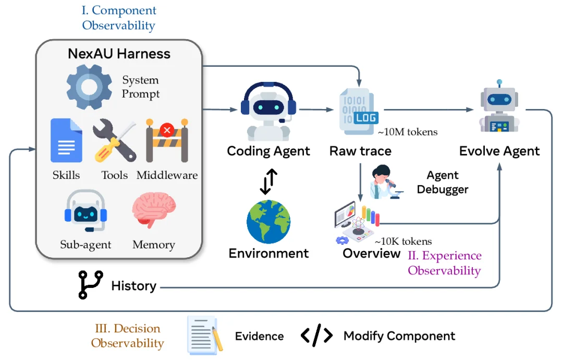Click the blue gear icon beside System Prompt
(89, 87)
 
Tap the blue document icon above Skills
(66, 140)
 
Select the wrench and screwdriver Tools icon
(115, 140)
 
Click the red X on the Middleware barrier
(167, 130)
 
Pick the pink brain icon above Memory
(154, 210)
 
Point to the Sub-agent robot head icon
(86, 211)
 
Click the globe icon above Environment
(268, 222)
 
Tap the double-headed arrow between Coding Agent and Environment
(268, 182)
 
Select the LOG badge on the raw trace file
(366, 118)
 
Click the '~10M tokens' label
(408, 132)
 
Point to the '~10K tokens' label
(403, 241)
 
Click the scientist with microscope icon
(386, 182)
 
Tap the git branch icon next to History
(91, 285)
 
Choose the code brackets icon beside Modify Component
(317, 335)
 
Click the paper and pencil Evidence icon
(205, 335)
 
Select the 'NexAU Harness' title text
(119, 54)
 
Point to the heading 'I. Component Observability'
(119, 18)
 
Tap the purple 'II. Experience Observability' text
(445, 263)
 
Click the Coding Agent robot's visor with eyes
(268, 107)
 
